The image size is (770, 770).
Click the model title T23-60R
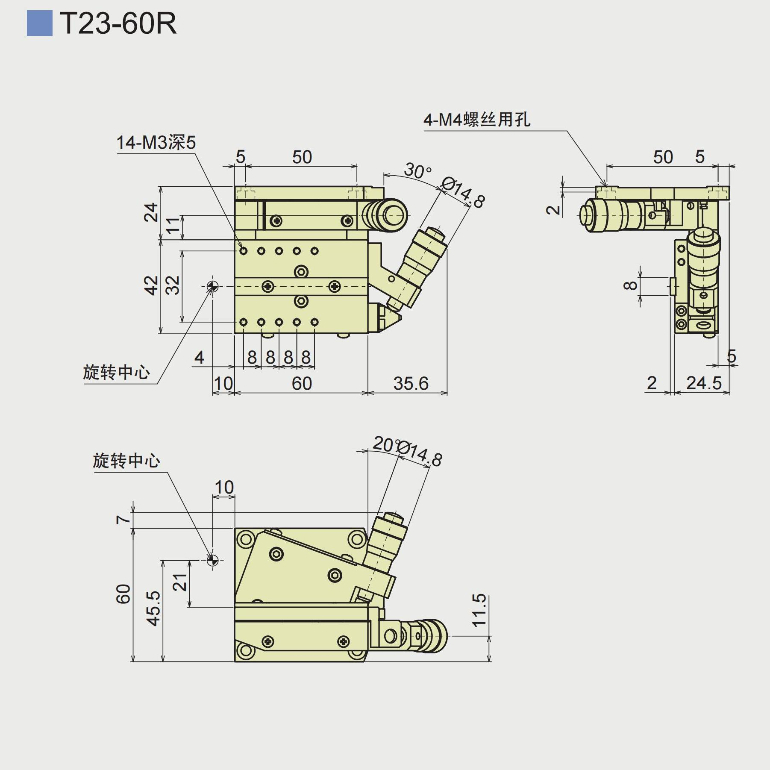(x=118, y=24)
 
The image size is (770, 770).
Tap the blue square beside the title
(x=39, y=23)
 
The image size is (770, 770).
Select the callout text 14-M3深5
(x=156, y=142)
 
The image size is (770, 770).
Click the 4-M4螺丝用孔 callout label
(x=477, y=120)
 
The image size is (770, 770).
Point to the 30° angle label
(x=417, y=171)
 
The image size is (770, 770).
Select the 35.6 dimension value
(x=411, y=383)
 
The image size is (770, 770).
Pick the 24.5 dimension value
(x=703, y=383)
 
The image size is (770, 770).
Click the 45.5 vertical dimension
(x=153, y=608)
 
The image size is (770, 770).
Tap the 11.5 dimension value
(x=479, y=610)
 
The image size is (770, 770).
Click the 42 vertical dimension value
(x=151, y=285)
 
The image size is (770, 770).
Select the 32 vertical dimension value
(x=173, y=285)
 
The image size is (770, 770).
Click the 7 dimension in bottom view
(x=123, y=520)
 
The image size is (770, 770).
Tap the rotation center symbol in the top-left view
(x=212, y=286)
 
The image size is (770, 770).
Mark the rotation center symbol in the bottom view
(x=212, y=560)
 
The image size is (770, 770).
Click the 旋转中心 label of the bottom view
(x=126, y=461)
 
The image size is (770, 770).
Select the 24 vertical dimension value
(x=151, y=212)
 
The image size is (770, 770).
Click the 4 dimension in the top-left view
(x=199, y=357)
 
